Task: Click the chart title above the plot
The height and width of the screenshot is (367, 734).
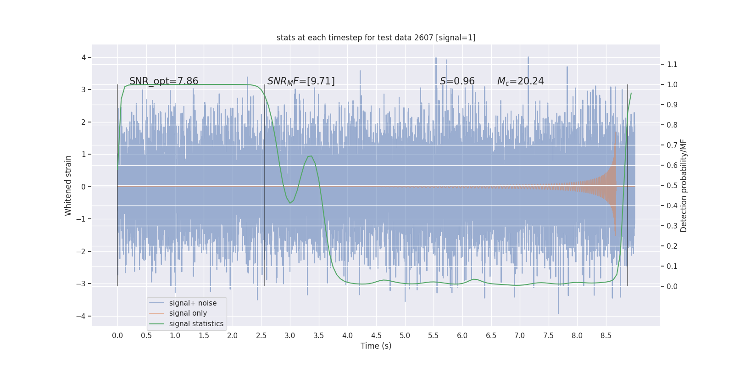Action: pyautogui.click(x=376, y=38)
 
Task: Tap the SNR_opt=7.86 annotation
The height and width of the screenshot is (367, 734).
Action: pyautogui.click(x=164, y=81)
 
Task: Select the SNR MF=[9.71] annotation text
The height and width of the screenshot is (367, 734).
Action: pyautogui.click(x=301, y=81)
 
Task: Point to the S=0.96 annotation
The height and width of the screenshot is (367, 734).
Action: pyautogui.click(x=457, y=81)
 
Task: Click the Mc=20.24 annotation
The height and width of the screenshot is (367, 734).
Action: pyautogui.click(x=520, y=81)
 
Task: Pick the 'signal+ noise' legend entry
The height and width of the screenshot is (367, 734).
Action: pyautogui.click(x=193, y=303)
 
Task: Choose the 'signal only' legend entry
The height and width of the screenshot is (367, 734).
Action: pyautogui.click(x=188, y=313)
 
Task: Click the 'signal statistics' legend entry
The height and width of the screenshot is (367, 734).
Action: pyautogui.click(x=196, y=324)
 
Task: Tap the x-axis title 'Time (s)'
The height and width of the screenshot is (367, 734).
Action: pyautogui.click(x=376, y=346)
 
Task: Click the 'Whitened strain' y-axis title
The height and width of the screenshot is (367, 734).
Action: pyautogui.click(x=68, y=185)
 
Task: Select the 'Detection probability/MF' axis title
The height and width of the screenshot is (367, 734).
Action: pyautogui.click(x=684, y=185)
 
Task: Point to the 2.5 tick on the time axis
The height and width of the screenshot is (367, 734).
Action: pyautogui.click(x=261, y=335)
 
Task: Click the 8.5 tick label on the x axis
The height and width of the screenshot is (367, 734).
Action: pyautogui.click(x=606, y=335)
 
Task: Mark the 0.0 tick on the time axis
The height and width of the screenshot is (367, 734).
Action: pyautogui.click(x=117, y=335)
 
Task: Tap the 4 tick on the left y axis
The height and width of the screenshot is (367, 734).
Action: pyautogui.click(x=84, y=57)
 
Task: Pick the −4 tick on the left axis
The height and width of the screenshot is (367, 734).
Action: pyautogui.click(x=82, y=316)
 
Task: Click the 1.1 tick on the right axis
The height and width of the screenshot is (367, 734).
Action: pyautogui.click(x=672, y=64)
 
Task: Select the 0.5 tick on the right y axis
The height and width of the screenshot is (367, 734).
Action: pyautogui.click(x=672, y=185)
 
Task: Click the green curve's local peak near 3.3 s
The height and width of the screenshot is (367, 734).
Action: pyautogui.click(x=310, y=156)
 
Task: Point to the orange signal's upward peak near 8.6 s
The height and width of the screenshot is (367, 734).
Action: pyautogui.click(x=615, y=133)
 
